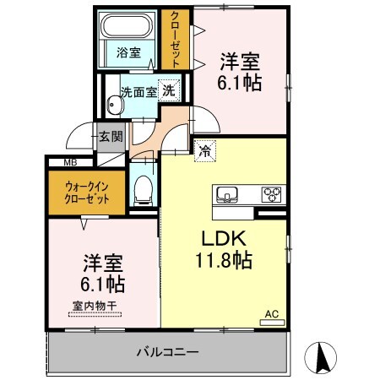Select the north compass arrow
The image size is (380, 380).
(x=323, y=358)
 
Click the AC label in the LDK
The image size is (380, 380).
(x=272, y=313)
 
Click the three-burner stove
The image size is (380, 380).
(x=272, y=194)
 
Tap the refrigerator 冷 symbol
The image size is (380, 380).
(x=205, y=152)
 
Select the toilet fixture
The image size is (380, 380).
(x=143, y=190)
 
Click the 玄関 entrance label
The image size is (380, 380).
(x=111, y=136)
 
